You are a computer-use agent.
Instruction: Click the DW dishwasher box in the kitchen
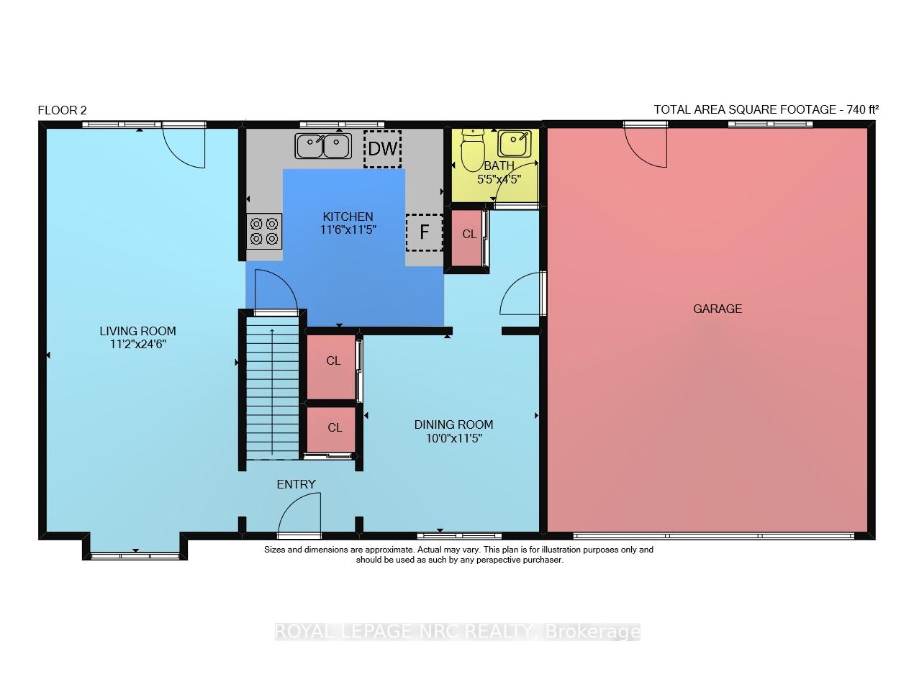(x=382, y=149)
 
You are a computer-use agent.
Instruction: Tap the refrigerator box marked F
(x=424, y=232)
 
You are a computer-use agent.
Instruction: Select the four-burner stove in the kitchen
(x=264, y=231)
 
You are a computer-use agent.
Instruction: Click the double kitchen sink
(x=323, y=146)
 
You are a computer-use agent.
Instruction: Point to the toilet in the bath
(x=472, y=150)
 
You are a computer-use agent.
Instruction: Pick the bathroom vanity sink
(x=514, y=144)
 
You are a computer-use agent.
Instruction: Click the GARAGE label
(x=718, y=309)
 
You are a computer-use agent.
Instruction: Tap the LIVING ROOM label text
(x=137, y=331)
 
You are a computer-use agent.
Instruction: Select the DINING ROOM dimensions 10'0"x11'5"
(x=453, y=438)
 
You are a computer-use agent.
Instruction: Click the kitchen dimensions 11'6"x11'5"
(x=348, y=230)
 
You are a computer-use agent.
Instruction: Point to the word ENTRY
(x=296, y=484)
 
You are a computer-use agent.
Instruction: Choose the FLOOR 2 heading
(x=62, y=110)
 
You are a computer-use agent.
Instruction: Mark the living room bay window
(x=135, y=556)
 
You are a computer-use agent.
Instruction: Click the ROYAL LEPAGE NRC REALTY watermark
(x=458, y=631)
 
